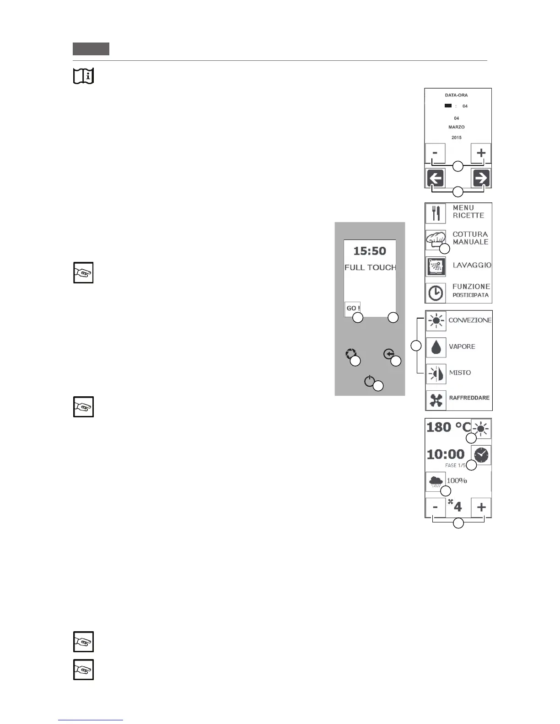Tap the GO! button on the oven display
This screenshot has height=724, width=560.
pos(353,309)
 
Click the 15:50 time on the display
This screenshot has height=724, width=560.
pos(370,251)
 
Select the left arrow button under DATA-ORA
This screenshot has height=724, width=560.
pos(436,178)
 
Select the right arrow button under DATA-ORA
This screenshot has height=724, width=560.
pos(481,178)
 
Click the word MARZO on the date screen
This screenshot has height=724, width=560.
pos(456,127)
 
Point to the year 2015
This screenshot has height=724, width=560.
pos(456,138)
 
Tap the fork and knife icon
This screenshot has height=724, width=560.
pos(436,213)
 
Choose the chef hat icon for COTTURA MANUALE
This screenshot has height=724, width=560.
pos(435,239)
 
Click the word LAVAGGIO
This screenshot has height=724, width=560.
pos(472,265)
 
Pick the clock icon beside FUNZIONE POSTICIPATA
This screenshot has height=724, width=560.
pos(436,293)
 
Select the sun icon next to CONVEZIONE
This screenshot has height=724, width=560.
pos(436,321)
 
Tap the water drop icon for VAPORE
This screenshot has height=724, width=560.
pos(436,347)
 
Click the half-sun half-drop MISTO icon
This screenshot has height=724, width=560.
pos(436,373)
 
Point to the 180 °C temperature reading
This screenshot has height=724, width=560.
pos(448,427)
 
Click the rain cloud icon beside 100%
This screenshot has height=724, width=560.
pos(435,481)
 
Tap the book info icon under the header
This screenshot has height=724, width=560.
pos(83,76)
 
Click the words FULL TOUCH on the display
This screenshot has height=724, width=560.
pos(370,267)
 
